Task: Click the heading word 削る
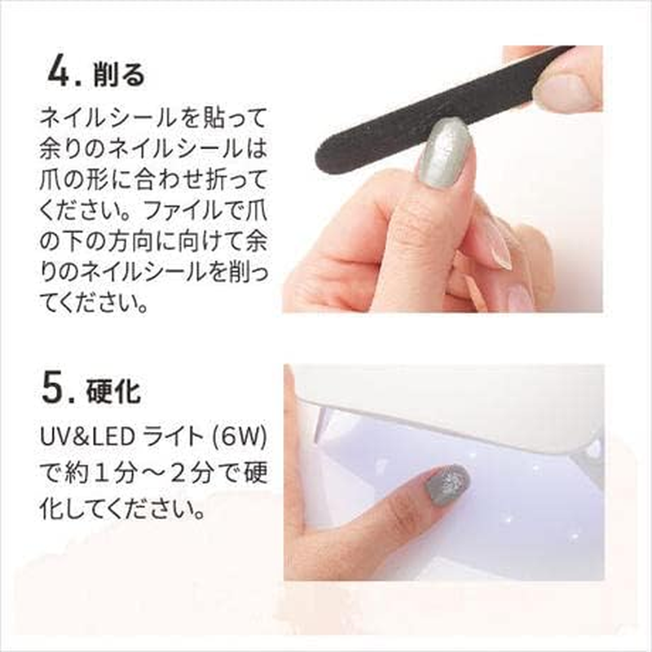coord(119,75)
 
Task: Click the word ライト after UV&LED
coord(171,438)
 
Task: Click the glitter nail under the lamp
coord(447,485)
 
